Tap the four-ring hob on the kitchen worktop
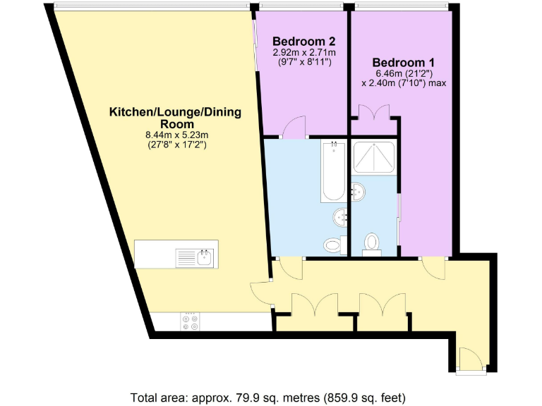pos(191,321)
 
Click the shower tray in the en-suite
pos(373,157)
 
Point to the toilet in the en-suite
pos(372,243)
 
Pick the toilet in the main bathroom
pos(332,245)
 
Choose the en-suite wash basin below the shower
pos(359,190)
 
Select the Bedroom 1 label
pos(403,62)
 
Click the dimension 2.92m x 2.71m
pos(303,52)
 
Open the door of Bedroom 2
pos(294,127)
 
